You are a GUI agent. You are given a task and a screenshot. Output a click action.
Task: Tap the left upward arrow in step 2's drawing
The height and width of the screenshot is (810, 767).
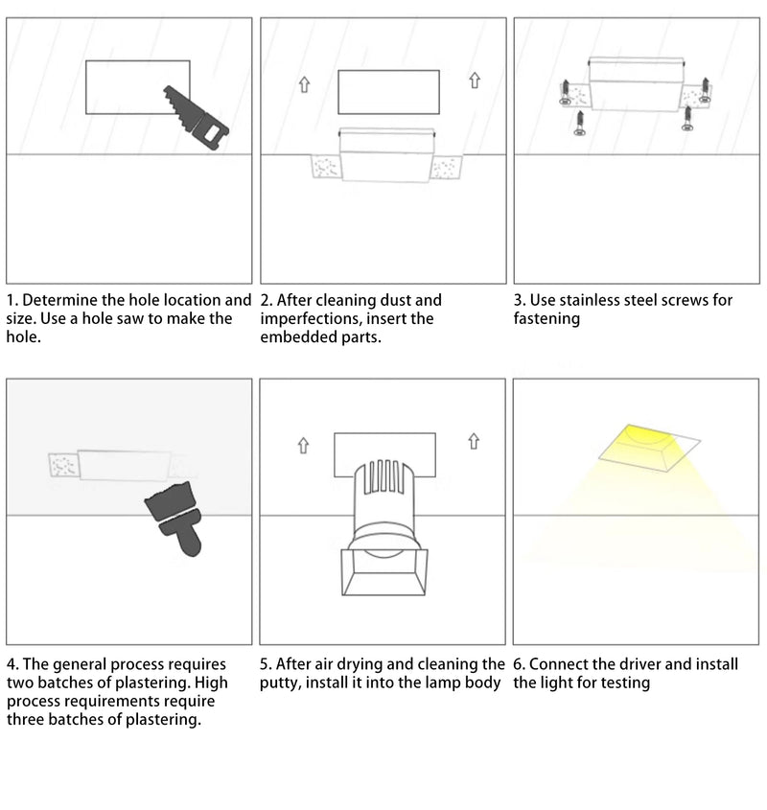[x=304, y=84]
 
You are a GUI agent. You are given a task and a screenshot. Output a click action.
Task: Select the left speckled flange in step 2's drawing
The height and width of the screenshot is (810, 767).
[x=326, y=168]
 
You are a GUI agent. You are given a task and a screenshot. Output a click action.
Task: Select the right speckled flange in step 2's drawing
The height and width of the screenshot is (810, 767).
[x=447, y=168]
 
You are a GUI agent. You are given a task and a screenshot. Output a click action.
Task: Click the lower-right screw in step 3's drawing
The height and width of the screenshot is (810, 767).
[x=687, y=117]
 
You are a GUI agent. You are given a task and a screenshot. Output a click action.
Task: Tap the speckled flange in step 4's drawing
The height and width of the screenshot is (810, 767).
[x=62, y=465]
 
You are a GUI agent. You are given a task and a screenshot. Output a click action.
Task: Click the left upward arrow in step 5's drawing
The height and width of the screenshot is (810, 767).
[x=304, y=445]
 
